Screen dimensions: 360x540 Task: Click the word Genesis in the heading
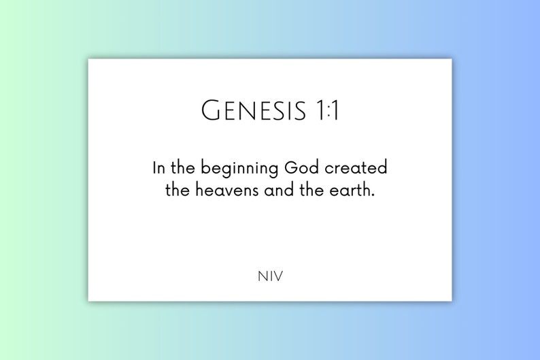253,110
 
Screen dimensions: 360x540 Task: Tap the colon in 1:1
328,111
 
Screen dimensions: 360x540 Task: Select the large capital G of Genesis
211,110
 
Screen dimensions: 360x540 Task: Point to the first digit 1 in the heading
320,110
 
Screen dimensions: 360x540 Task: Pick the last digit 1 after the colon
335,110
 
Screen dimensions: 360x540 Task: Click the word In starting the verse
158,168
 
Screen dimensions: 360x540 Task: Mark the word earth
351,191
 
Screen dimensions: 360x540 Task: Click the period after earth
373,195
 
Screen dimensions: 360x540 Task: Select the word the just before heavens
178,191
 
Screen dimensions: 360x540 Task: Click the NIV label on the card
270,276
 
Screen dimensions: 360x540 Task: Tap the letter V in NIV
277,276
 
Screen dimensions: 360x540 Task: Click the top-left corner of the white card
89,60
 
